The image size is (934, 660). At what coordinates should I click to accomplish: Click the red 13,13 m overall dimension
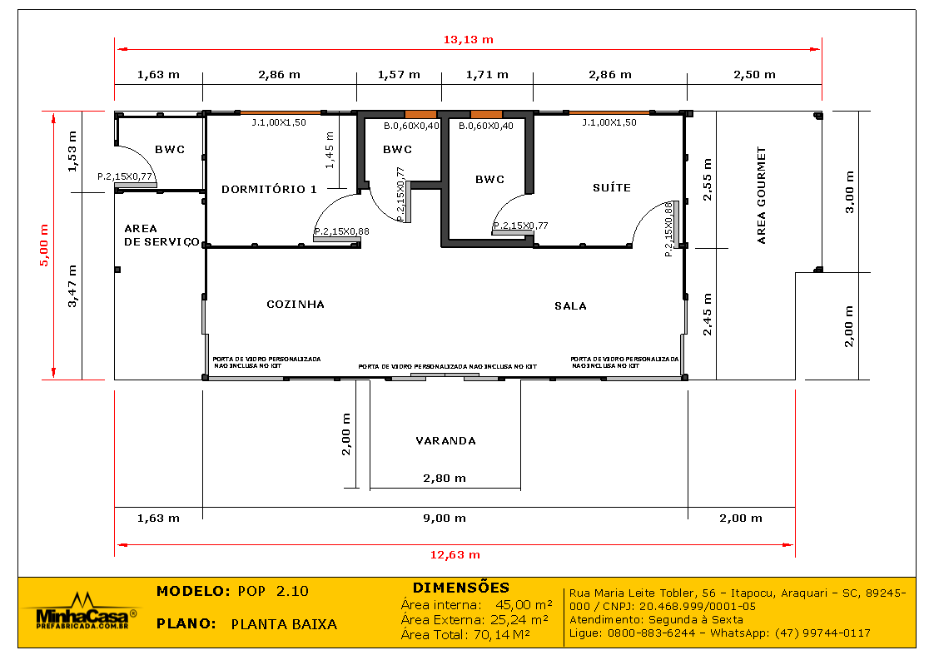pos(468,40)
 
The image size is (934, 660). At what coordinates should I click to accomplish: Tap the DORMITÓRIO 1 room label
pos(269,190)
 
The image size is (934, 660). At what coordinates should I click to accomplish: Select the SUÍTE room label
pos(611,188)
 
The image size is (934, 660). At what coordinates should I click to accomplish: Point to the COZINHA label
pos(296,305)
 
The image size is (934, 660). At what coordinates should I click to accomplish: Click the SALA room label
pos(570,306)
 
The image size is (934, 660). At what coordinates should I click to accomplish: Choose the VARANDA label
pos(446,441)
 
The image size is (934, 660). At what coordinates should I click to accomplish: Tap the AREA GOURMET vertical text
pos(761,196)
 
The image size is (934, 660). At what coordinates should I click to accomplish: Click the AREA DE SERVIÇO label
pos(161,235)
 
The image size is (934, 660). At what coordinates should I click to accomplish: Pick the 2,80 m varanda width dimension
pos(445,479)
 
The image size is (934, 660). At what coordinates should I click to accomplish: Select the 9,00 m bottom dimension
pos(445,519)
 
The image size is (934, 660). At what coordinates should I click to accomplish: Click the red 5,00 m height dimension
pos(45,246)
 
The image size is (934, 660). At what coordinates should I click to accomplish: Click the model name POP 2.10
pos(272,592)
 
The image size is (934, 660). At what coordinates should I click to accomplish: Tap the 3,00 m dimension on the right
pos(849,192)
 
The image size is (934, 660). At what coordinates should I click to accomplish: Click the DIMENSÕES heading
pos(460,588)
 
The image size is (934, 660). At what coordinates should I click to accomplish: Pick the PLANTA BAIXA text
pos(284,624)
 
